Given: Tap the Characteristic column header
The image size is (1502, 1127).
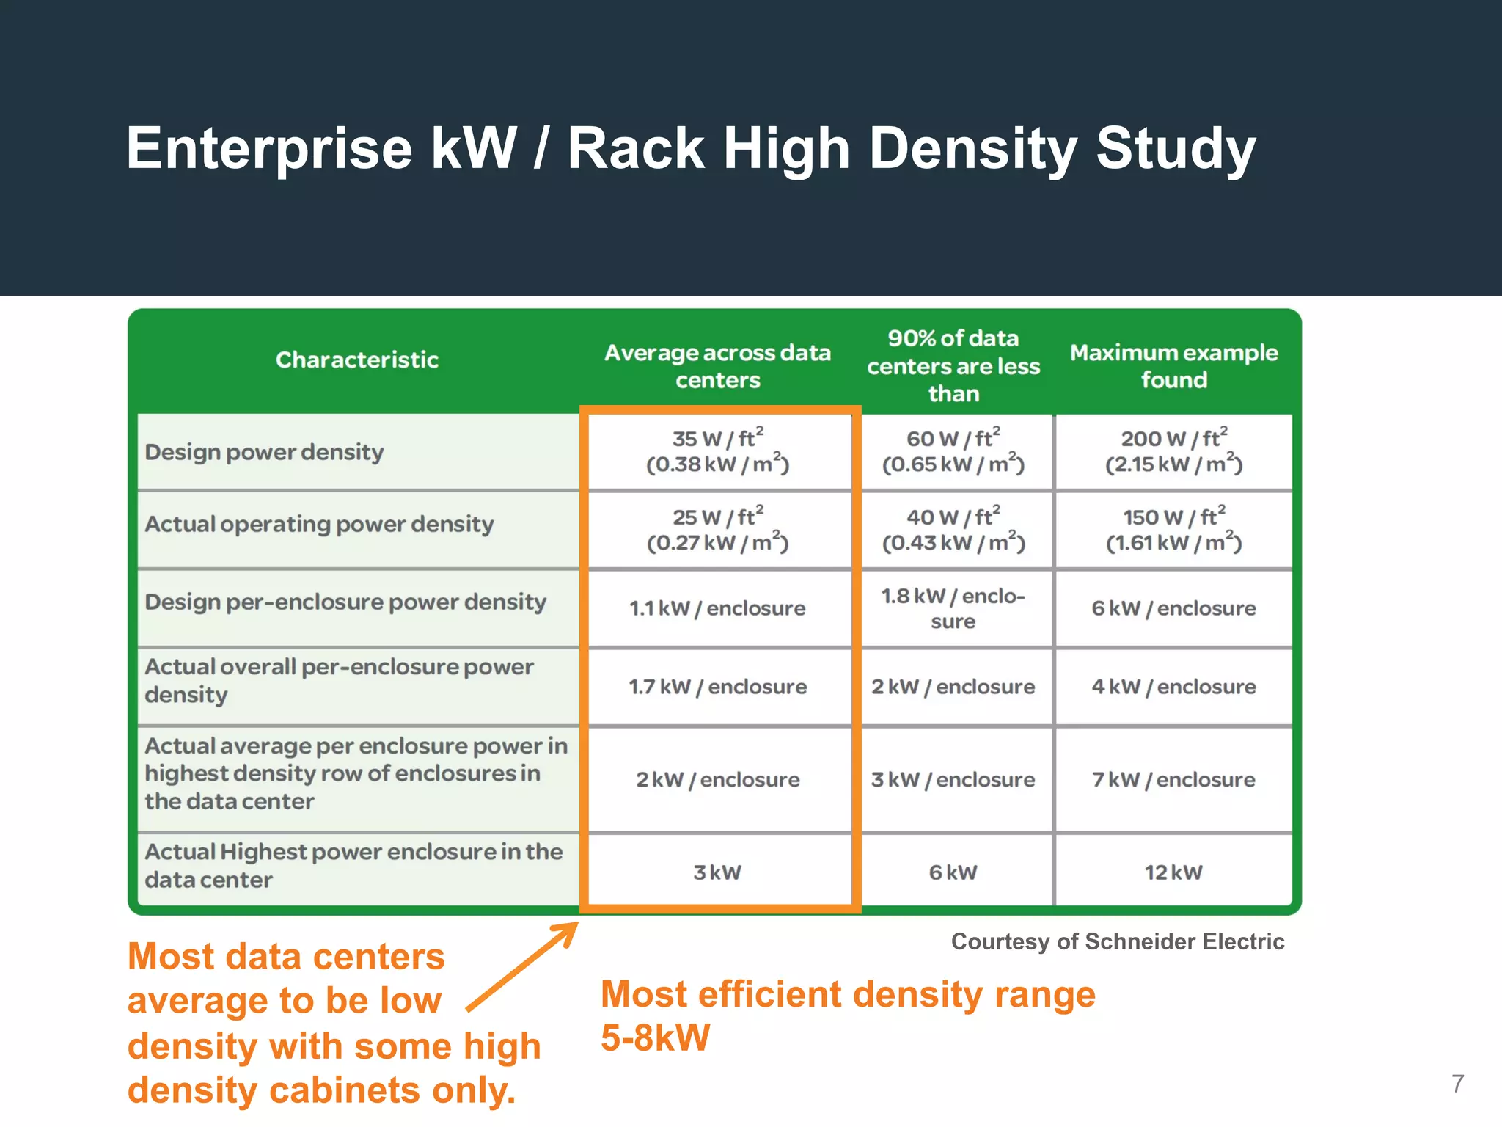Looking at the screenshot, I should point(357,360).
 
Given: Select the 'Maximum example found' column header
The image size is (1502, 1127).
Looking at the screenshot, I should point(1173,366).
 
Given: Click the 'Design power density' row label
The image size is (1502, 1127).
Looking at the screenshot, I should point(264,452).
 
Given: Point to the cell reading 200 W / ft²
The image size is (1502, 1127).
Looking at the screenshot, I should point(1173,451).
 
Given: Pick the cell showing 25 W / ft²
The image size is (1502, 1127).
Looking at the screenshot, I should point(718,529).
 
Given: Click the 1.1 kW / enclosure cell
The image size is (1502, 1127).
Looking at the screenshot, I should point(718,608).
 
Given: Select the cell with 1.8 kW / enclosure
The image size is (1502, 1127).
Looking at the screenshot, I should point(953,608).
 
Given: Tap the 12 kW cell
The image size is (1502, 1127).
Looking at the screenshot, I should point(1173,872).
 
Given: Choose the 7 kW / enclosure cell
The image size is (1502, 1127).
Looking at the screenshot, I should point(1173,779).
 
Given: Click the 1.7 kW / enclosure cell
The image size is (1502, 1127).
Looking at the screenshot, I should point(718,687).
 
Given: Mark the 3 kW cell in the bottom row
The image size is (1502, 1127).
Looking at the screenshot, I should point(718,872).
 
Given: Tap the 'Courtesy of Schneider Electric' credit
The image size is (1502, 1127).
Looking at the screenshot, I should point(1117,941).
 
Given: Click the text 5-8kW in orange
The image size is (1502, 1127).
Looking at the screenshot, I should point(656,1037).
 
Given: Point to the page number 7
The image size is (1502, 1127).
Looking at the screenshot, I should point(1458,1084).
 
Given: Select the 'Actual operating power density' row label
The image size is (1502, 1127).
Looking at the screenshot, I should point(319,524).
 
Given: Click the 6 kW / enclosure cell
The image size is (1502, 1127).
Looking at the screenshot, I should point(1173,608).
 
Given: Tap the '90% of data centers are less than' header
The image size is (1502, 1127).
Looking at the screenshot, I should point(953,366).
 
